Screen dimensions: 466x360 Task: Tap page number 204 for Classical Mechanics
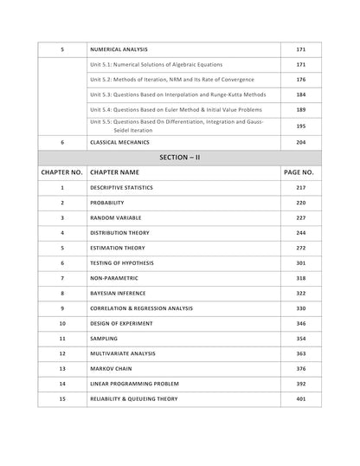point(302,141)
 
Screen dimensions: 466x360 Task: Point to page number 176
point(302,80)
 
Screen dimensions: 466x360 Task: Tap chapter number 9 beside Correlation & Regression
point(62,308)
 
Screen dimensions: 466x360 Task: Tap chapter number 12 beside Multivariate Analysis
point(62,354)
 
